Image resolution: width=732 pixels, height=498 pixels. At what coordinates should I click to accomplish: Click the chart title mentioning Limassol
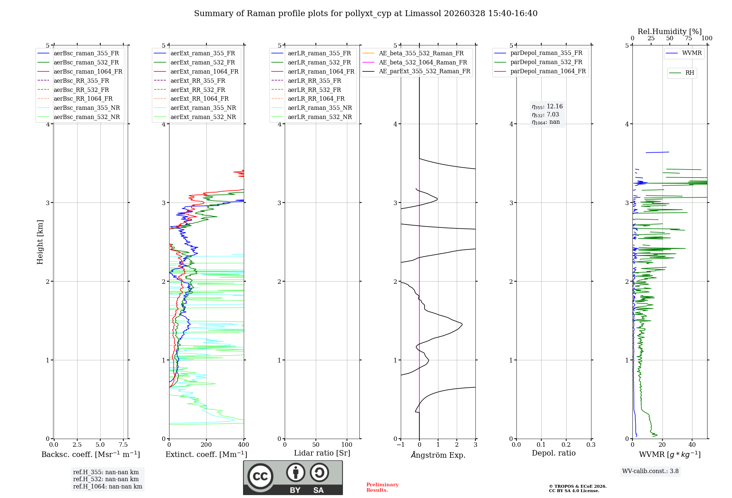pos(366,14)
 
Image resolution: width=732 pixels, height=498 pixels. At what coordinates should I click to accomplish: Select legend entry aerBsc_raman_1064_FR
pos(88,71)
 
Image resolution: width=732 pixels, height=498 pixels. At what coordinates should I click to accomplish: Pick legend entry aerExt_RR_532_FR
pos(198,90)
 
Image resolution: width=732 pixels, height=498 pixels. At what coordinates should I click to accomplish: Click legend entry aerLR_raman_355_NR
pos(320,108)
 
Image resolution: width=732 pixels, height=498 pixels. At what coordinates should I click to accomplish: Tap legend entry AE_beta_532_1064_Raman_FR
pos(423,62)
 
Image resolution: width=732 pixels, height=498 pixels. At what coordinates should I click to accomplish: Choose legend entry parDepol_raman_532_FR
pos(546,62)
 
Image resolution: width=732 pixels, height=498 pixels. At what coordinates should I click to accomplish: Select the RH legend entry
pos(690,73)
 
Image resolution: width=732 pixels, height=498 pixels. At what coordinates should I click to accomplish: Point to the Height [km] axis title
pos(40,242)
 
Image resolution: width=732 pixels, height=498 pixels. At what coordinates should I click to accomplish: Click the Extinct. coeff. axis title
pos(206,454)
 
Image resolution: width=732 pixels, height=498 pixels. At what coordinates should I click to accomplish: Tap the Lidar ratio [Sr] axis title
pos(322,453)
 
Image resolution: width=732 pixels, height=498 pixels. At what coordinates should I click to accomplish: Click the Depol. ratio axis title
pos(553,453)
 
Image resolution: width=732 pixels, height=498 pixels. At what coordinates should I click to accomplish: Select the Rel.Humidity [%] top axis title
pos(669,31)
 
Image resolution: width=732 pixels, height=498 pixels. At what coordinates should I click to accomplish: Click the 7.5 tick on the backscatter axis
pos(123,445)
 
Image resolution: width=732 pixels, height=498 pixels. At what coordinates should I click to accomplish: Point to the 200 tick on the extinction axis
pos(206,445)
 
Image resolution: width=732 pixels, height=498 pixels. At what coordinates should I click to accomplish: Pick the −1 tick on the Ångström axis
pos(401,445)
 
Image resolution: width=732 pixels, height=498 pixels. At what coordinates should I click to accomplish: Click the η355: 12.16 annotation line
pos(547,107)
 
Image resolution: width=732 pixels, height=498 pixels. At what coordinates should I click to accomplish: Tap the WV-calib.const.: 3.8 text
pos(650,471)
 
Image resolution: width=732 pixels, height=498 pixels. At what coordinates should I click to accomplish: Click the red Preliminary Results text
pos(382,487)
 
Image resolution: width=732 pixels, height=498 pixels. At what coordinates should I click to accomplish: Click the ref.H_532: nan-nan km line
pos(106,479)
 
